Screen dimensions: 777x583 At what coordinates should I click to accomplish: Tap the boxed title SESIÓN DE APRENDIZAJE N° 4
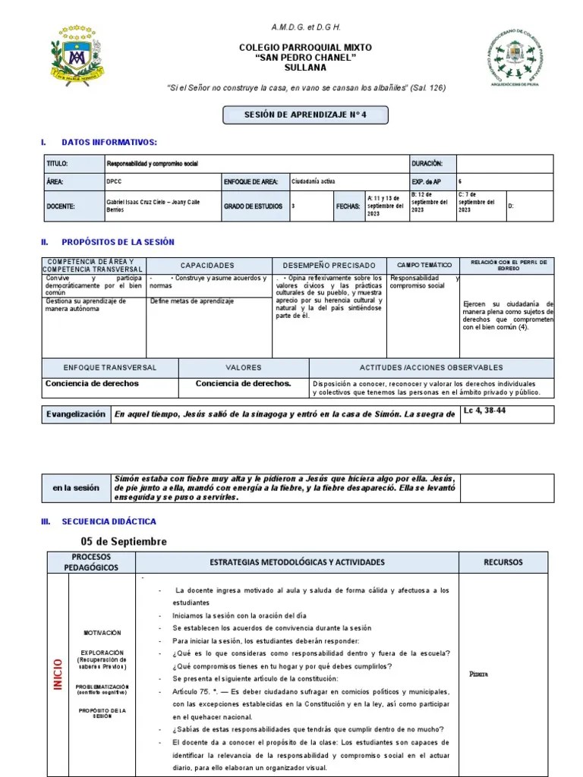click(305, 115)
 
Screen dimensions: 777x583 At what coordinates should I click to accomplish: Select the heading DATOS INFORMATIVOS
click(109, 143)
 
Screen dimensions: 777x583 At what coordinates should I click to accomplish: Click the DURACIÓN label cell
click(432, 164)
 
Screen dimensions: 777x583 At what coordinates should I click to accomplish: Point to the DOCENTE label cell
click(60, 206)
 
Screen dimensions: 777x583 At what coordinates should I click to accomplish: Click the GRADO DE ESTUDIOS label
click(253, 206)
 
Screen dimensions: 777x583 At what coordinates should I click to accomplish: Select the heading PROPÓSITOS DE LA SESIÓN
click(118, 242)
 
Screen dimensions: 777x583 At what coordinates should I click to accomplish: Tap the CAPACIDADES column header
click(207, 266)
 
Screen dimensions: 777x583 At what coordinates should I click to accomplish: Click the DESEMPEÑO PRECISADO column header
click(329, 266)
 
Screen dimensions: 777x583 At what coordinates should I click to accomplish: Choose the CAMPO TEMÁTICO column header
click(422, 266)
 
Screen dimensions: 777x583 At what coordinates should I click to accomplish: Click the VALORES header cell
click(243, 367)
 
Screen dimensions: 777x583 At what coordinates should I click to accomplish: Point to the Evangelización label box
click(76, 414)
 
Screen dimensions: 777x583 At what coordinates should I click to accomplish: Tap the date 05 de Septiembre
click(124, 542)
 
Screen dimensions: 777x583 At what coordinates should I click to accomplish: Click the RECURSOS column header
click(503, 562)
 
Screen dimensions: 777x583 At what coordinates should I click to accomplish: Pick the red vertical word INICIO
click(57, 674)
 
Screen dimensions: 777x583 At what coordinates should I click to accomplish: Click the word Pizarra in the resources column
click(478, 674)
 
